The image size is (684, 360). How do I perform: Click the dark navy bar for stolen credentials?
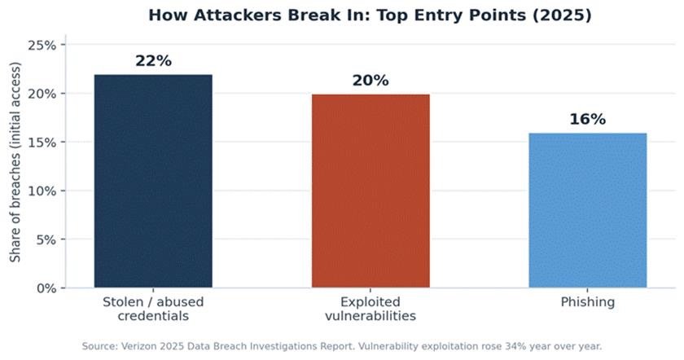(153, 181)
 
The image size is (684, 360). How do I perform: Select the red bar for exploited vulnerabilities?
(370, 191)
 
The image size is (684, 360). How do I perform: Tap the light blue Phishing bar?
(588, 210)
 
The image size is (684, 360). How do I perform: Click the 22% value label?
(153, 60)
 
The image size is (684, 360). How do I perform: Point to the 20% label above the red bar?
(370, 81)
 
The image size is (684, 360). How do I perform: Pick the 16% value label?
(588, 119)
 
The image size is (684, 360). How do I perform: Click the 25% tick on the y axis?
(42, 45)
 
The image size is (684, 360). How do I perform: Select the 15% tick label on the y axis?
(42, 143)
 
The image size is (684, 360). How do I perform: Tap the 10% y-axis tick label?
(42, 191)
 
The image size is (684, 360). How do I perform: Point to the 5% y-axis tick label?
(46, 239)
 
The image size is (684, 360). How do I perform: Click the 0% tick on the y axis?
(46, 288)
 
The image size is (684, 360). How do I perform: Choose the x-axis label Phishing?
(588, 302)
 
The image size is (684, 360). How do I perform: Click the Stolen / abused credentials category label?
(153, 309)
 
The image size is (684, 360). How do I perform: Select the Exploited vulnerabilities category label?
(370, 309)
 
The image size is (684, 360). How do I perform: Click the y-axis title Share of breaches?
(15, 162)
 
